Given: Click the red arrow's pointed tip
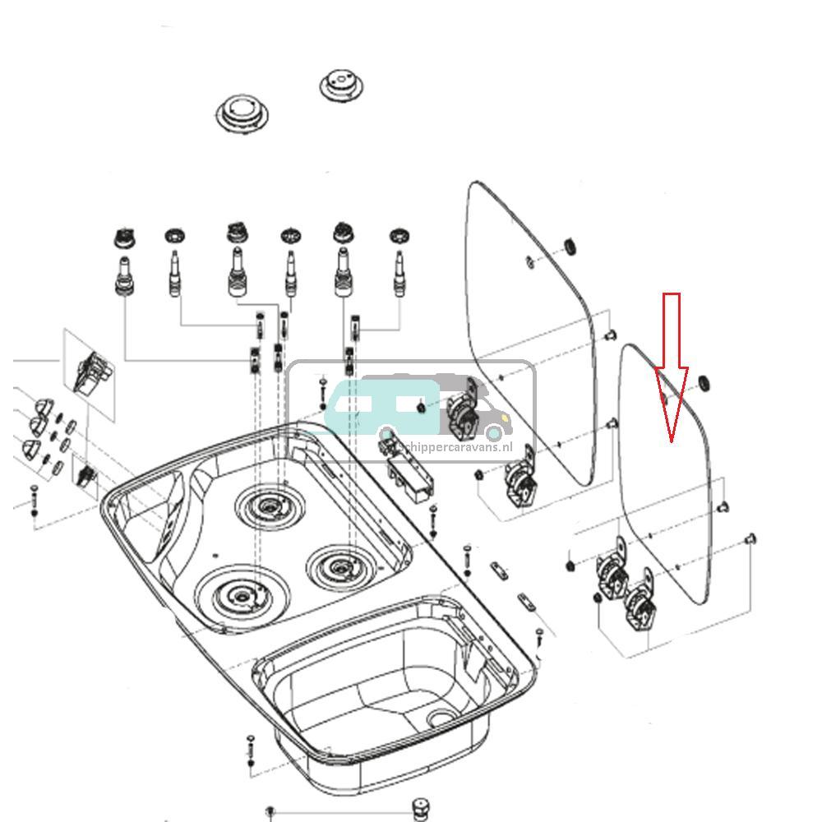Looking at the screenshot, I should coord(672,441).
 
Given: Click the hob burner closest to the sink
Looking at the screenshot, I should coord(340,565).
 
